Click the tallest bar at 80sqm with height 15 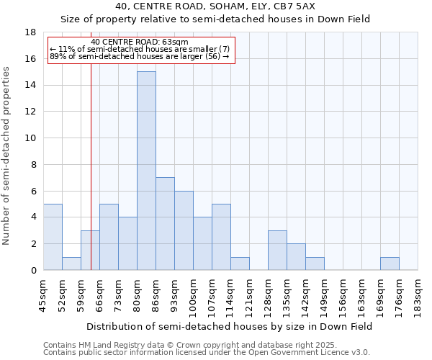pyautogui.click(x=146, y=171)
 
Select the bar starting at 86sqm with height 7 pyautogui.click(x=165, y=223)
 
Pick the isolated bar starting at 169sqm pyautogui.click(x=390, y=264)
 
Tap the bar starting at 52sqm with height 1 pyautogui.click(x=71, y=264)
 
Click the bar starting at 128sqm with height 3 pyautogui.click(x=277, y=250)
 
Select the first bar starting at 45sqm pyautogui.click(x=53, y=237)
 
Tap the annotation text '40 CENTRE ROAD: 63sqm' pyautogui.click(x=140, y=42)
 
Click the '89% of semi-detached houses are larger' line pyautogui.click(x=140, y=56)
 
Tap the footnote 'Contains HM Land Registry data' pyautogui.click(x=206, y=345)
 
